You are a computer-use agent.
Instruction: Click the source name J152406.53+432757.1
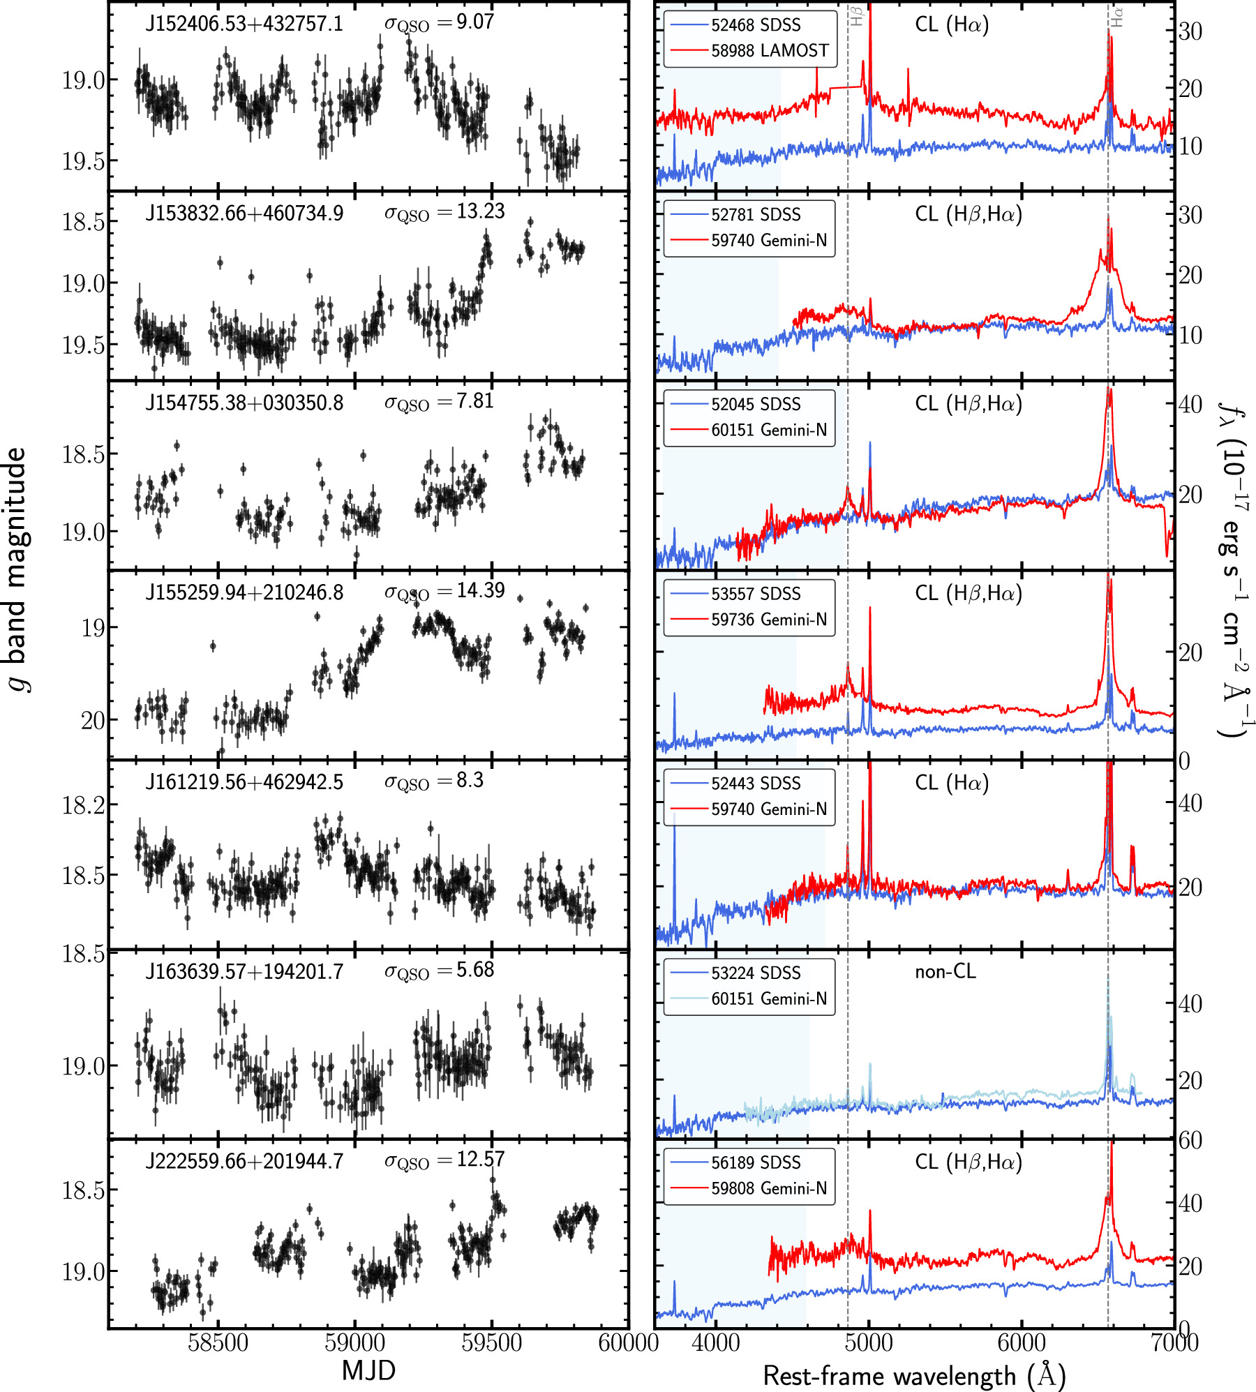tap(244, 24)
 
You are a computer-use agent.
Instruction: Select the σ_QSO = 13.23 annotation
tap(444, 212)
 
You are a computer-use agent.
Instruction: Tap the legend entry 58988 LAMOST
tap(769, 50)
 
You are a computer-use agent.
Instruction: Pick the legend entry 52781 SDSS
tap(755, 214)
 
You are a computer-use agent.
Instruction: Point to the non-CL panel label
tap(945, 972)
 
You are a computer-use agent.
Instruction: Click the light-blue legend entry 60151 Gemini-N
tap(768, 998)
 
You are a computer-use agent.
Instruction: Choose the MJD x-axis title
tap(368, 1370)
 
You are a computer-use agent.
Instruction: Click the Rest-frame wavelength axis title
tap(914, 1375)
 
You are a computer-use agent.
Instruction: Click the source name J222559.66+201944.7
tap(244, 1162)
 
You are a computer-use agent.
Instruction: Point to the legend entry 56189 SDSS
tap(755, 1162)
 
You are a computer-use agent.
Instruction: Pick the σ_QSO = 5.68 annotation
tap(439, 971)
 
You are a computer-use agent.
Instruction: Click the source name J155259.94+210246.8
tap(244, 592)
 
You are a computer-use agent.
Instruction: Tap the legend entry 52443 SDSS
tap(755, 783)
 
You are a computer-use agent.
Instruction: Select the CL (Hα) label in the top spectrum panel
tap(951, 24)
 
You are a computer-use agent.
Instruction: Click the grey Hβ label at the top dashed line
tap(856, 15)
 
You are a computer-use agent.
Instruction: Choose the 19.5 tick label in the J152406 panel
tap(83, 161)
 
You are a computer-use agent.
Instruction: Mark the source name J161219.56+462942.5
tap(244, 782)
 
